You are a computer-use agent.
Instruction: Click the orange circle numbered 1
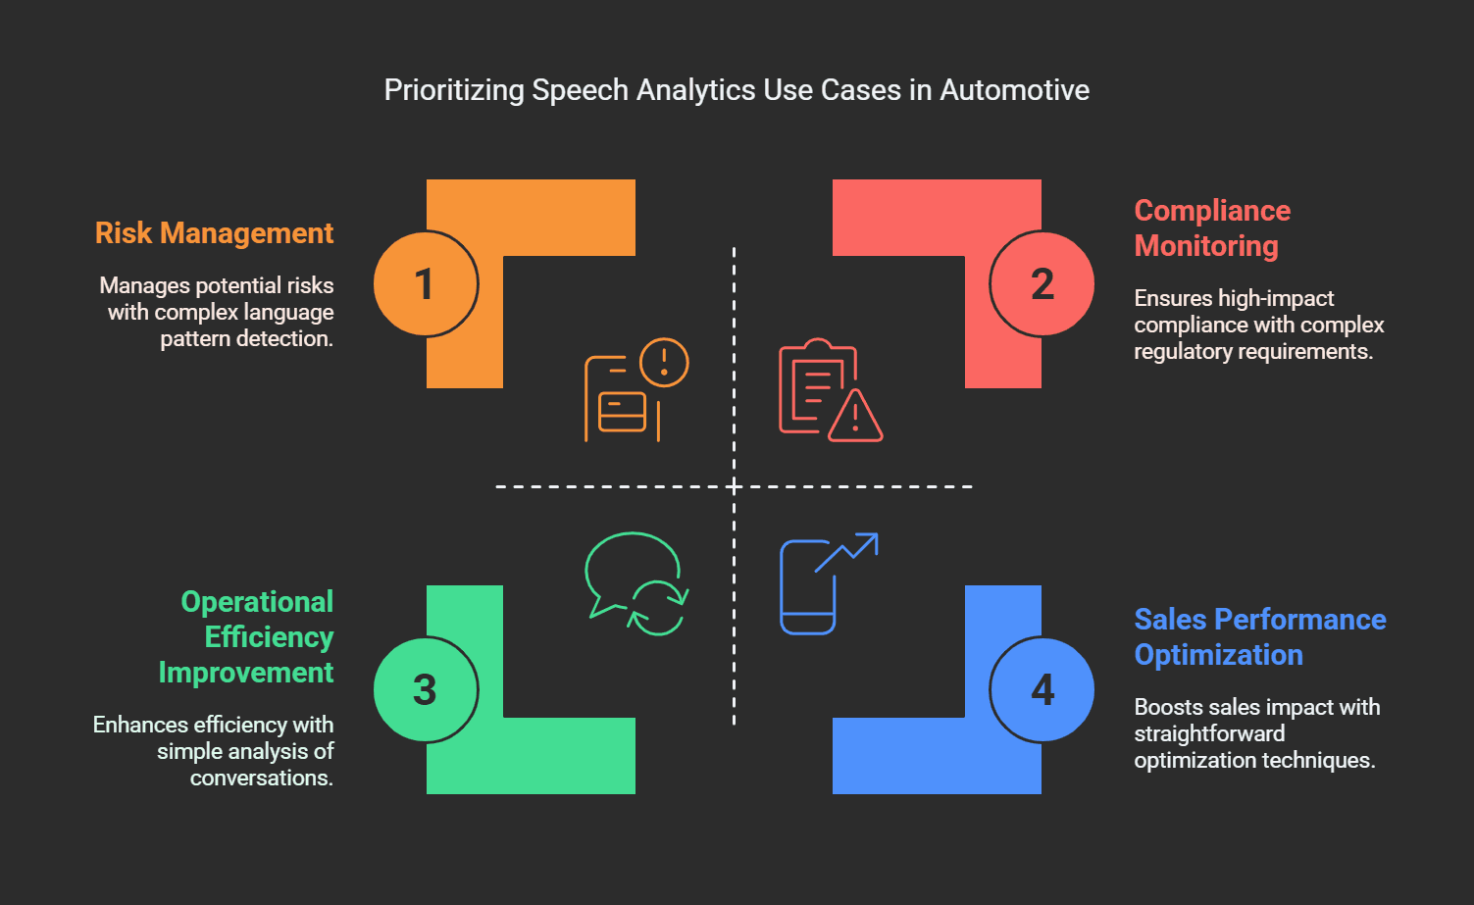pyautogui.click(x=425, y=284)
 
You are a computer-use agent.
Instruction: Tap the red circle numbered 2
pyautogui.click(x=1042, y=284)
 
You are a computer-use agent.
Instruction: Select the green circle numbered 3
pyautogui.click(x=425, y=690)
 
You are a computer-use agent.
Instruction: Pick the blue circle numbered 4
pyautogui.click(x=1042, y=690)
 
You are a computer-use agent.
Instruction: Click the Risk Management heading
pyautogui.click(x=214, y=233)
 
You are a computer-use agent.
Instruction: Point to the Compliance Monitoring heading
pyautogui.click(x=1212, y=228)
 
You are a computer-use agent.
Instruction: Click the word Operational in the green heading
pyautogui.click(x=257, y=602)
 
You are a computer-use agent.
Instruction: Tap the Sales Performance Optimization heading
pyautogui.click(x=1259, y=637)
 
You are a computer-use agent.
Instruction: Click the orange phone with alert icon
pyautogui.click(x=636, y=389)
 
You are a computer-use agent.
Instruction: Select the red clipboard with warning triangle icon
pyautogui.click(x=831, y=389)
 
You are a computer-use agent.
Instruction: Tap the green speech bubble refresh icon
pyautogui.click(x=636, y=584)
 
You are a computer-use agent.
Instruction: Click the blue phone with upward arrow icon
pyautogui.click(x=829, y=584)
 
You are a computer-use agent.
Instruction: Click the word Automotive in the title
pyautogui.click(x=1015, y=90)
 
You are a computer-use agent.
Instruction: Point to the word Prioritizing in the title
pyautogui.click(x=454, y=91)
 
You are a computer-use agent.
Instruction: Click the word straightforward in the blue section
pyautogui.click(x=1209, y=733)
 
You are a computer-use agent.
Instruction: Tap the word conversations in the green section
pyautogui.click(x=261, y=779)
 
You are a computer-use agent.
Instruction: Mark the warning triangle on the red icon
pyautogui.click(x=855, y=416)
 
